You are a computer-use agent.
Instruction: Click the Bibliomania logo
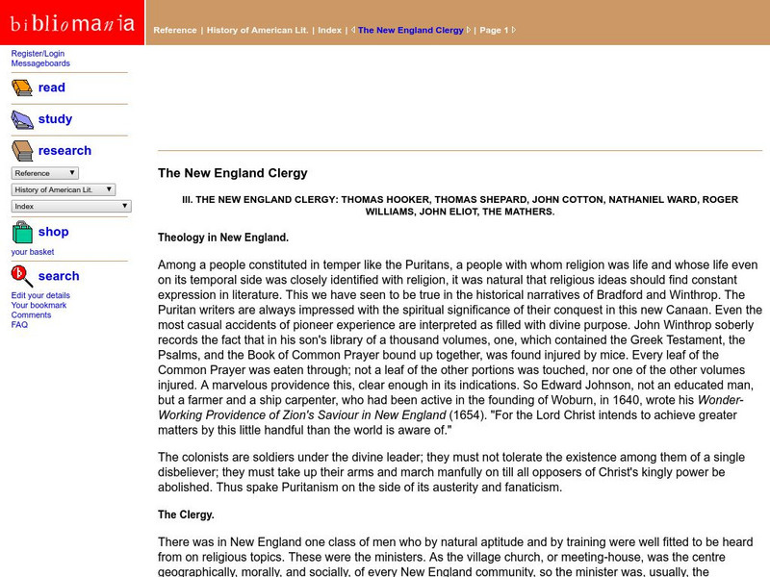point(72,22)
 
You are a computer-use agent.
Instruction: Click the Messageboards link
point(40,63)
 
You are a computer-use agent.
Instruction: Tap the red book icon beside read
point(21,88)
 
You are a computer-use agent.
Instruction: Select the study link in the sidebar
point(55,119)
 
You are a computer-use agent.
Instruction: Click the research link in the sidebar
point(64,151)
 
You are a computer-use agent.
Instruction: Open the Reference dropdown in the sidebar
point(45,173)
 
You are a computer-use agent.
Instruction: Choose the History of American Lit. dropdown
point(64,189)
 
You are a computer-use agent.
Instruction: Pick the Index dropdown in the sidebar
point(72,206)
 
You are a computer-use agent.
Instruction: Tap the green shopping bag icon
point(21,233)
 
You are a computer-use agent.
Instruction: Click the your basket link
point(33,252)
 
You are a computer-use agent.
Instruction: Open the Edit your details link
point(40,295)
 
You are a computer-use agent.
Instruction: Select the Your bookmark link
point(39,305)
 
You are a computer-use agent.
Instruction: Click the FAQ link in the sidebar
point(19,325)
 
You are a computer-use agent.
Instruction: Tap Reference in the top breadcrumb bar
point(175,30)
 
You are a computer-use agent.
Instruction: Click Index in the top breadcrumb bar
point(329,30)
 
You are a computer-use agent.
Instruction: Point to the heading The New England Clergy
point(233,173)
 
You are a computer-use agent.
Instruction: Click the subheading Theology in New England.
point(223,237)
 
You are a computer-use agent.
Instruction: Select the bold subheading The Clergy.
point(186,514)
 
